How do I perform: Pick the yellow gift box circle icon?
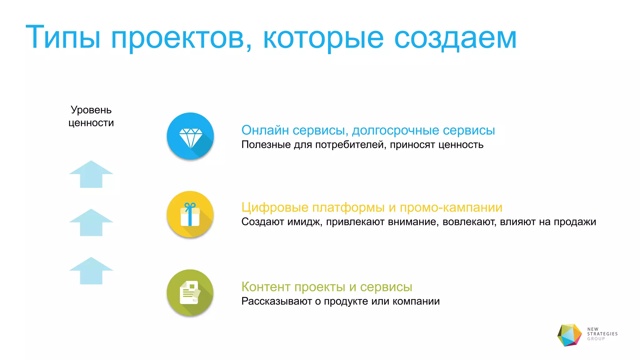click(x=190, y=214)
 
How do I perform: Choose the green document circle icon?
click(x=190, y=292)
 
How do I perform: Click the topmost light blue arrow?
click(x=91, y=174)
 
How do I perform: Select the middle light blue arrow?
click(x=91, y=222)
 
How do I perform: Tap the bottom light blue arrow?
click(x=91, y=271)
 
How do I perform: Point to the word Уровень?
click(x=91, y=110)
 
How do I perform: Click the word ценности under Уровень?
click(x=91, y=123)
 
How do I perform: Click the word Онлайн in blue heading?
click(x=265, y=130)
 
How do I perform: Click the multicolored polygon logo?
click(x=570, y=335)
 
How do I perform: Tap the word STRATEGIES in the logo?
click(x=602, y=334)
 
